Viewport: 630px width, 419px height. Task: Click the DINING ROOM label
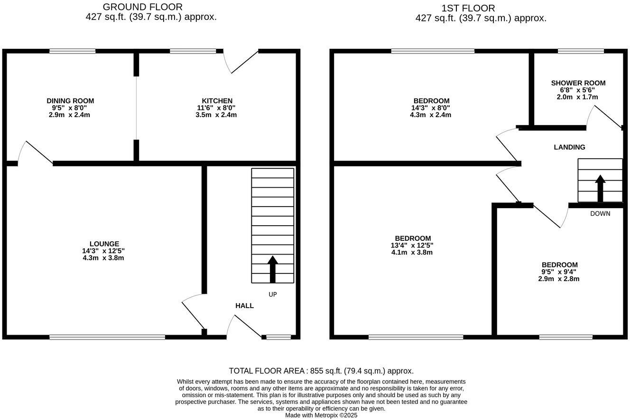coord(70,101)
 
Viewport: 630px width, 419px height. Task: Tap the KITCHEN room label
coord(217,101)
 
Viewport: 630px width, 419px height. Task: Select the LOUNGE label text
coord(104,244)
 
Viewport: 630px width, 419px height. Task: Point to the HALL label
coord(244,306)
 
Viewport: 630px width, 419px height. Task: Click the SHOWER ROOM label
coord(578,83)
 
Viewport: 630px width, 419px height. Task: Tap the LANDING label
coord(569,147)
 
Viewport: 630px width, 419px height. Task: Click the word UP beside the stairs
coord(272,294)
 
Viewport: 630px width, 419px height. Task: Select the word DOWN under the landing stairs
coord(600,214)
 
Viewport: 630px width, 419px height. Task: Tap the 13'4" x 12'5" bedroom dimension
coord(412,246)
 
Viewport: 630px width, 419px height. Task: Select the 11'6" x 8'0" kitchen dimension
coord(216,108)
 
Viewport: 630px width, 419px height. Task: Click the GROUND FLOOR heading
coord(142,7)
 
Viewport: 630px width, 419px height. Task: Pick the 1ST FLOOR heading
coord(468,8)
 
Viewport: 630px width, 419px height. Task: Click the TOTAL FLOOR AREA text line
coord(321,371)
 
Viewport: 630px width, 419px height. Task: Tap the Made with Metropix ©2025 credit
coord(321,415)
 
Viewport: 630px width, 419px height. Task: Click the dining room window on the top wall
coord(72,51)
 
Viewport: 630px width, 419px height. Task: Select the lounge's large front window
coord(107,337)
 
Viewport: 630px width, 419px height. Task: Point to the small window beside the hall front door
coord(278,337)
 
